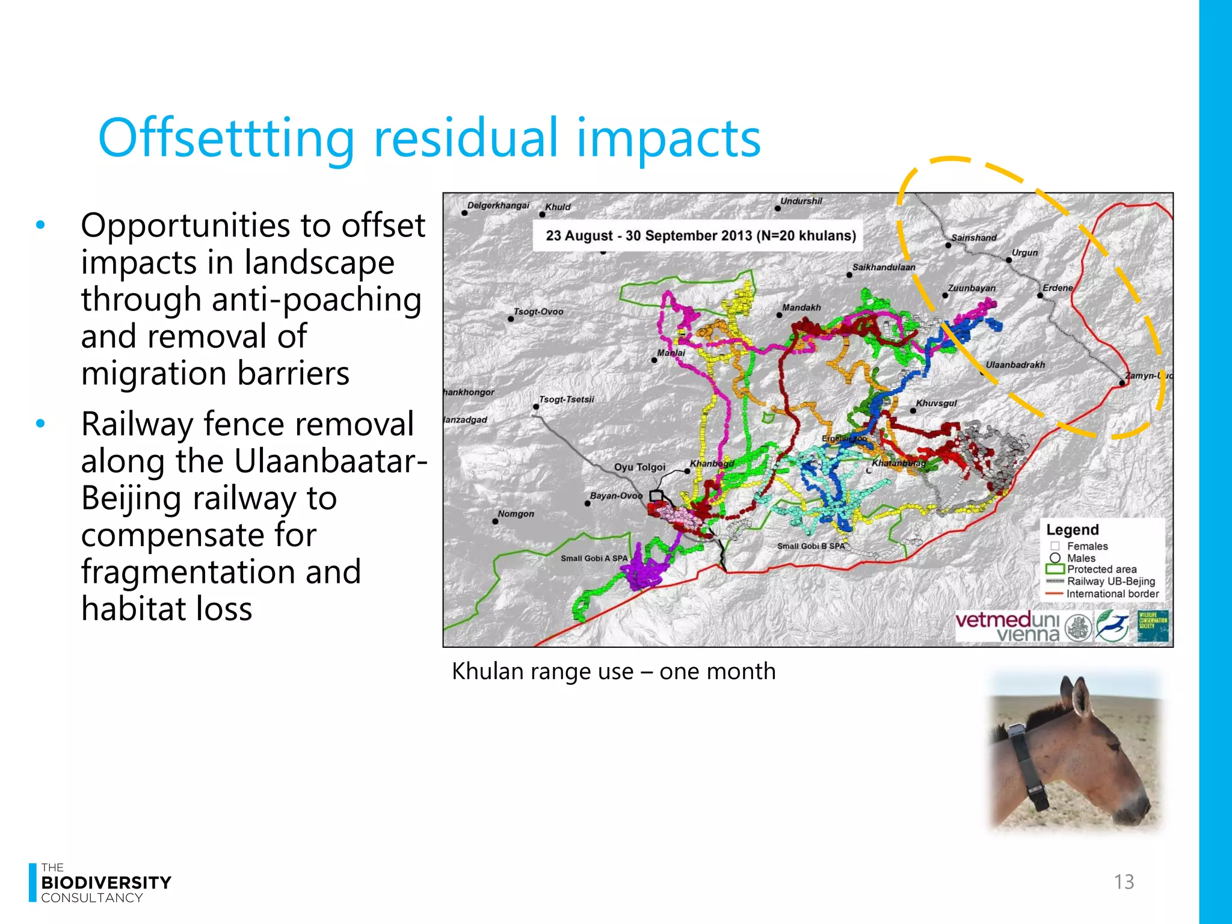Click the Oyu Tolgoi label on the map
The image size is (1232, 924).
(639, 467)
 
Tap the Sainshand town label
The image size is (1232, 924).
(974, 238)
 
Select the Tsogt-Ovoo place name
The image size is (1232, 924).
(538, 312)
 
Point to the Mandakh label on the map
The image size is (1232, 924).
(801, 307)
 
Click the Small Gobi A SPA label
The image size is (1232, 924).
(594, 558)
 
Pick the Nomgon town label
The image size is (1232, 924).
(516, 514)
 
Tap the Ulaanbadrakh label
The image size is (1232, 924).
(1015, 365)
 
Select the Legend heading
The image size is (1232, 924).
(1072, 530)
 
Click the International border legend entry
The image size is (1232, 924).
(1112, 594)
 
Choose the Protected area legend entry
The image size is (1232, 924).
(1101, 569)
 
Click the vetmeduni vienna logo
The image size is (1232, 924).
(1008, 627)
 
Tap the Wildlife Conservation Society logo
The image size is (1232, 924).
(1152, 626)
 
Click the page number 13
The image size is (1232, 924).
(1123, 882)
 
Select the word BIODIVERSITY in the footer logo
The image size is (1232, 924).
(106, 882)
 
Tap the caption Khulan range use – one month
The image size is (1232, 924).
(614, 671)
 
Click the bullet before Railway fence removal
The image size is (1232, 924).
(40, 424)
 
